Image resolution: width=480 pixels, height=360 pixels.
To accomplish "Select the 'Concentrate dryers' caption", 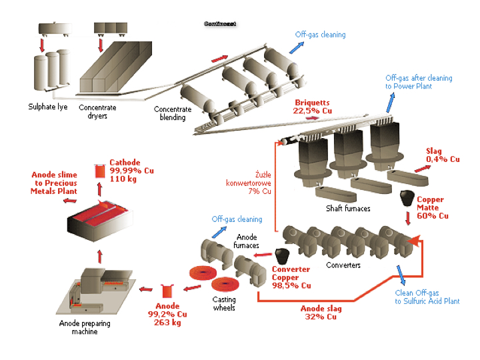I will pos(97,111).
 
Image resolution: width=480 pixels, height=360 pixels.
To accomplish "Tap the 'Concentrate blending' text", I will pos(172,114).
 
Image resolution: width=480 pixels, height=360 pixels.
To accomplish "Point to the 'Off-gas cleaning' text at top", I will pos(321,35).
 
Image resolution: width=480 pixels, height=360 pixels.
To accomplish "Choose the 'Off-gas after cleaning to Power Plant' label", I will pos(418,82).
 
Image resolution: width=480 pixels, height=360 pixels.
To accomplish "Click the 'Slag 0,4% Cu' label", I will pos(443,155).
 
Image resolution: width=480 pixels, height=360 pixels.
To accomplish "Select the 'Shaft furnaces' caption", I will pos(349,209).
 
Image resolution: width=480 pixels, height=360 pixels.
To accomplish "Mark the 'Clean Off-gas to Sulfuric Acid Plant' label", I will pos(427,297).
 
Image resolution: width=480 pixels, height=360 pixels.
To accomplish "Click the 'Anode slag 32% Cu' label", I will pos(321,313).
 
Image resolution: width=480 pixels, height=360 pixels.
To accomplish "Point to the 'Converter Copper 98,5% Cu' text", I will pos(291,277).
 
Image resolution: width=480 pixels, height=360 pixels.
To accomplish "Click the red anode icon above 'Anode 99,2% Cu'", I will pos(167,291).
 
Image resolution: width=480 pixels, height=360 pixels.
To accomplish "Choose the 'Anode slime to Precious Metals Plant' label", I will pos(55,183).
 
